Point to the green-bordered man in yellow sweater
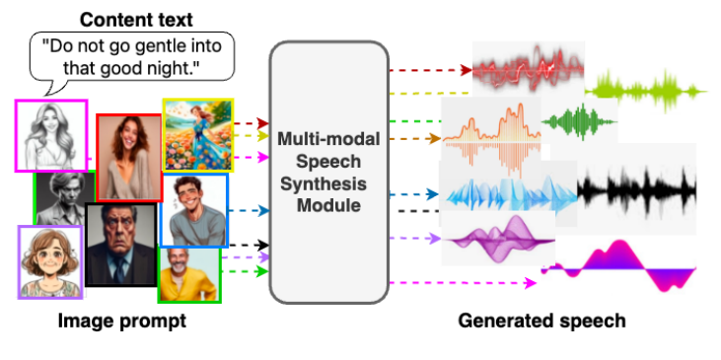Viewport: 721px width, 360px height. coord(189,274)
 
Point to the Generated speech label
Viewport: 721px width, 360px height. coord(541,321)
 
